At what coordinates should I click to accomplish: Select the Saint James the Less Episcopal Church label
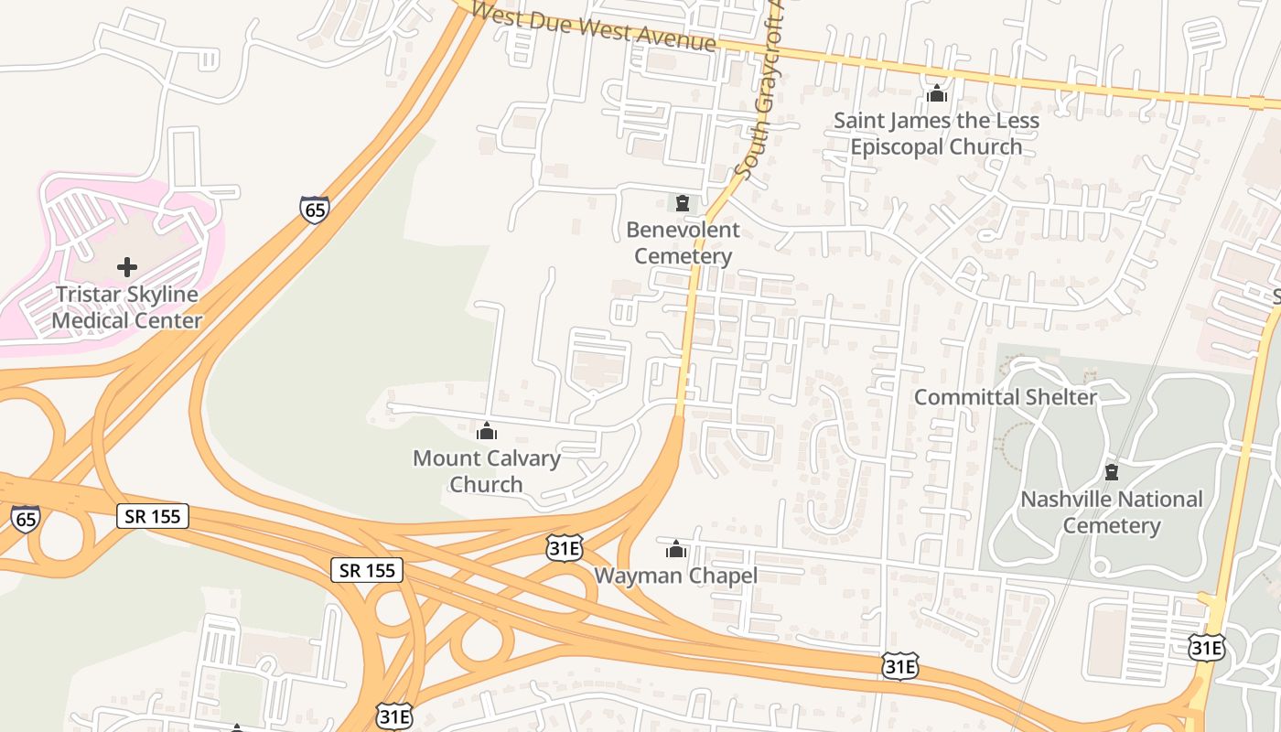(x=936, y=134)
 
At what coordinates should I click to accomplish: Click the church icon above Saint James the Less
(x=936, y=93)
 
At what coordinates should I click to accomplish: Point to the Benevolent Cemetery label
(x=683, y=242)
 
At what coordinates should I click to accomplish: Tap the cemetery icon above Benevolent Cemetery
(x=683, y=202)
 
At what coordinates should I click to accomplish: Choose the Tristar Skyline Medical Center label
(x=127, y=307)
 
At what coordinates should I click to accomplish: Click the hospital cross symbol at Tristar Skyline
(x=127, y=267)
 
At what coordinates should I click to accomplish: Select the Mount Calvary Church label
(x=487, y=470)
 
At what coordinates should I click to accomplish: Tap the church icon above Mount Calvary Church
(x=487, y=431)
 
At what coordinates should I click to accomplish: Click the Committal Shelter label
(x=1006, y=397)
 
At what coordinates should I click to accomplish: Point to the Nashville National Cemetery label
(x=1112, y=512)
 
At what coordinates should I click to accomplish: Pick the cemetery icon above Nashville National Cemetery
(x=1112, y=473)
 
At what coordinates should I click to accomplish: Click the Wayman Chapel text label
(x=676, y=576)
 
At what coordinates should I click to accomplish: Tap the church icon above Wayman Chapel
(x=676, y=549)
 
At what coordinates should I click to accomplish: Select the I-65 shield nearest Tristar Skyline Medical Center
(x=314, y=210)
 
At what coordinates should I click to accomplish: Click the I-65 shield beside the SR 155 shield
(x=26, y=518)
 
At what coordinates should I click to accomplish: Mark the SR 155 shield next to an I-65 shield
(x=153, y=516)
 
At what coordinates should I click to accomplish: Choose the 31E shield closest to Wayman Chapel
(x=565, y=548)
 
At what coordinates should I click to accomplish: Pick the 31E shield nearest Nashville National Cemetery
(x=1207, y=647)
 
